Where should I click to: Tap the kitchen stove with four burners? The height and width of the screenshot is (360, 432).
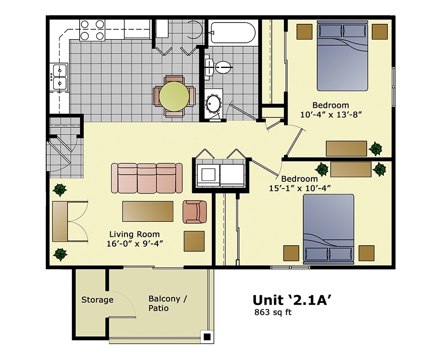tap(92, 30)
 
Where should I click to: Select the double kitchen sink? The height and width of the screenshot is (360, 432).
tap(59, 76)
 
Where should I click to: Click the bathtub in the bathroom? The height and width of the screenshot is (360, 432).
tap(233, 33)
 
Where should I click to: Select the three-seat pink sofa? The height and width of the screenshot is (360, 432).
tap(147, 178)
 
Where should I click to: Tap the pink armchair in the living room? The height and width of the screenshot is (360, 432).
tap(194, 211)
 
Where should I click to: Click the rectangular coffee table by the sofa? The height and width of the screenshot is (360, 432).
tap(148, 211)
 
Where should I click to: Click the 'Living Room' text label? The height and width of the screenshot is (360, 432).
tap(135, 234)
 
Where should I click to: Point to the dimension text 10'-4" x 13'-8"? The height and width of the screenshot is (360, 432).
tap(331, 114)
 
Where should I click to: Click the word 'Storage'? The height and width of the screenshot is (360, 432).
tap(97, 300)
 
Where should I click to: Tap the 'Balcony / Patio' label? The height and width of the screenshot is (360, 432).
tap(164, 303)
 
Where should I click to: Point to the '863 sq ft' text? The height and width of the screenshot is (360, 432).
tap(273, 312)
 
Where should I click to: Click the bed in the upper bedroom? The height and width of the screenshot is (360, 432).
tap(342, 57)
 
